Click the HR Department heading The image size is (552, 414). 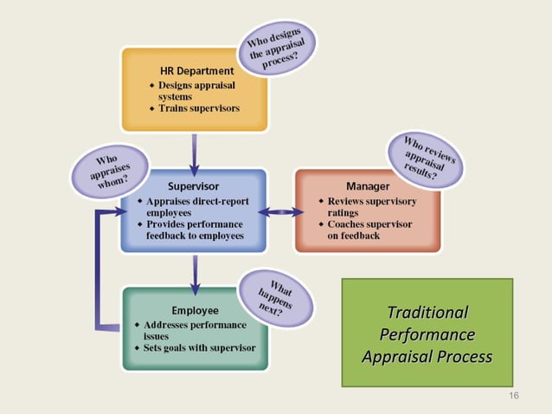click(196, 69)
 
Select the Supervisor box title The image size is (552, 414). click(192, 186)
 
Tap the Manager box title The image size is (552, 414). click(367, 186)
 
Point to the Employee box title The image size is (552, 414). click(195, 309)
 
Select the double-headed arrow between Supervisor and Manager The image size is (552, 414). click(280, 211)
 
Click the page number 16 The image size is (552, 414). click(514, 396)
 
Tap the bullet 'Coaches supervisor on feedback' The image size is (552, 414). click(369, 229)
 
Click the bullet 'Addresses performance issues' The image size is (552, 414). click(191, 330)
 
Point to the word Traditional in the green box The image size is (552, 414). click(427, 312)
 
